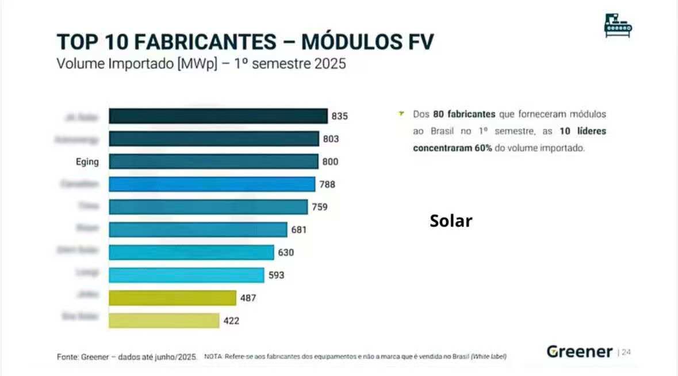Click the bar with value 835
tap(218, 116)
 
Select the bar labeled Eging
tap(213, 162)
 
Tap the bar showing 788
tap(212, 185)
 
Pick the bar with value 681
tap(198, 229)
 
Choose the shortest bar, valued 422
tap(164, 320)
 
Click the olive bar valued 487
tap(173, 298)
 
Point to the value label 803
tap(331, 139)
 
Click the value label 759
tap(320, 207)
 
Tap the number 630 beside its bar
tap(286, 252)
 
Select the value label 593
tap(276, 275)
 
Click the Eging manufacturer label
tap(87, 162)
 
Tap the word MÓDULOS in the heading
tap(352, 42)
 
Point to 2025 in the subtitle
tap(330, 63)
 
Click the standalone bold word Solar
tap(451, 221)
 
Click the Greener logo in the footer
tap(579, 352)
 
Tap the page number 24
tap(626, 352)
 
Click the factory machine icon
tap(618, 25)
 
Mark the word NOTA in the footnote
tap(213, 357)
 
